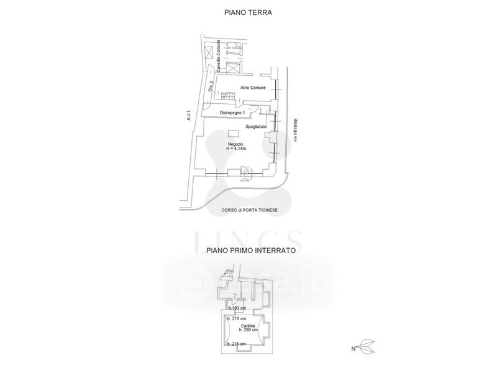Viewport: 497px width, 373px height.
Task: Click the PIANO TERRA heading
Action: pos(248,12)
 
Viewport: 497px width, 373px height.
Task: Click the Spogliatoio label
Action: pos(256,127)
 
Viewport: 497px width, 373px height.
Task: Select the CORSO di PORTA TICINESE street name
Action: pos(249,211)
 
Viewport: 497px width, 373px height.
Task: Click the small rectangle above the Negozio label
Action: pos(232,134)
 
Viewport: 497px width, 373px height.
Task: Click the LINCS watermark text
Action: pos(248,239)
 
